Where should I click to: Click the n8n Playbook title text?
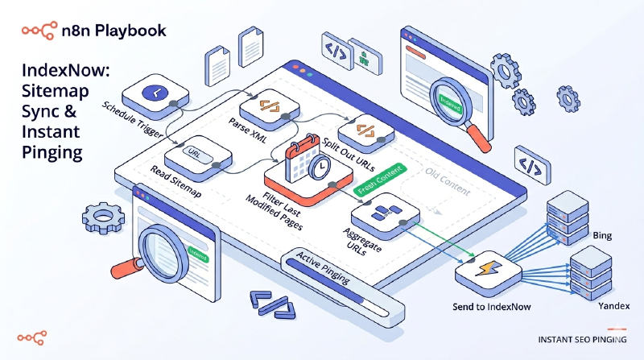(x=114, y=31)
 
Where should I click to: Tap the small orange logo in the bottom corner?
(x=32, y=334)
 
